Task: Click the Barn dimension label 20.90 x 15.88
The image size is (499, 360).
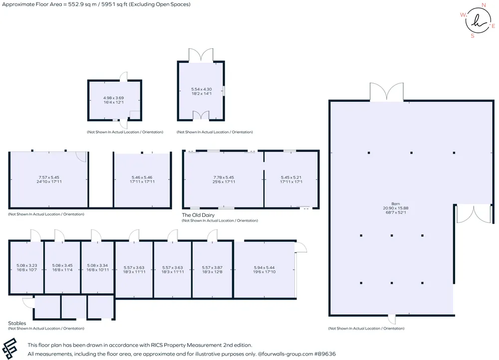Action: coord(396,208)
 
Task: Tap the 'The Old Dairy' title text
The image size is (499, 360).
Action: coord(198,215)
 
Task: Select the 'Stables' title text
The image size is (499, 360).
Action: coord(17,323)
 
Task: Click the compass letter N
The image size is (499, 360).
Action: coord(484,5)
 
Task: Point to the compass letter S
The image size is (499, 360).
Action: coord(473,36)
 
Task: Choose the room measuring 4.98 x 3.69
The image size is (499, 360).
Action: coord(115,100)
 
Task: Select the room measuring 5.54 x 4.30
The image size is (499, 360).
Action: coord(201,91)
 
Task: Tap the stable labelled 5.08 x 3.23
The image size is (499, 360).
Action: coord(26,267)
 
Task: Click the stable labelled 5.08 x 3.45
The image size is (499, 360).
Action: coord(62,267)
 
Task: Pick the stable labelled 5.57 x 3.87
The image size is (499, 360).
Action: coord(212,270)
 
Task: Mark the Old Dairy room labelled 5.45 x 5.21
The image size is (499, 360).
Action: coord(291,180)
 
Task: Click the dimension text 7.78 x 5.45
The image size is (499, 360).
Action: coord(224,178)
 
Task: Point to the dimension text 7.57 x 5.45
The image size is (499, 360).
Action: coord(49,178)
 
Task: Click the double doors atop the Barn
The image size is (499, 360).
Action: coord(387,92)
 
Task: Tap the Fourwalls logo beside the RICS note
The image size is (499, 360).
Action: coord(9,349)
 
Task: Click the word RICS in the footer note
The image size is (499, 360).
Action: coord(158,345)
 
